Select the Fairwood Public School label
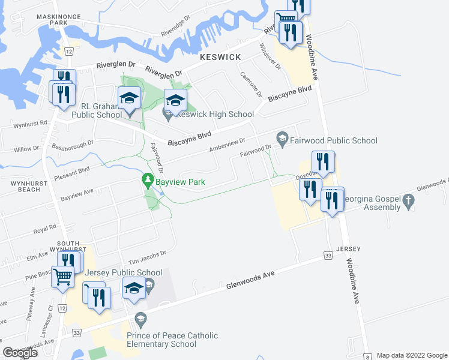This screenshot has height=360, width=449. pos(334,140)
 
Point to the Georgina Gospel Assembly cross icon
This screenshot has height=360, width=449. pos(408,202)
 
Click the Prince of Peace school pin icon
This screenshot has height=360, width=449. pos(141,317)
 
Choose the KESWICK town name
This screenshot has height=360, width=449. pos(220,57)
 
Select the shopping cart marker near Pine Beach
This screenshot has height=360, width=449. pos(62,278)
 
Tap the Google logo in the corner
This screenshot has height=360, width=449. pos(20,353)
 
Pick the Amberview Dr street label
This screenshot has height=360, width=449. pos(227,145)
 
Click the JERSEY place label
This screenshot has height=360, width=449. pos(348,249)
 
